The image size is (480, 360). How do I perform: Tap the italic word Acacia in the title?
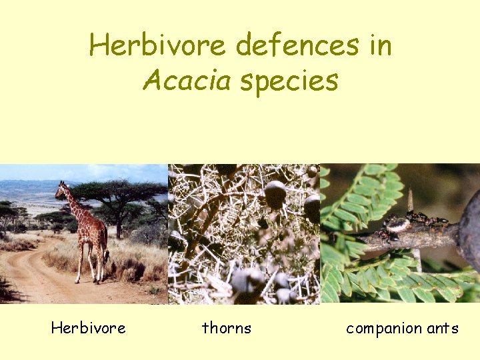(186, 81)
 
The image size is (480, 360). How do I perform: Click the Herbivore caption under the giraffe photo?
(88, 328)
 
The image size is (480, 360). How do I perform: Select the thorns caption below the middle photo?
(227, 328)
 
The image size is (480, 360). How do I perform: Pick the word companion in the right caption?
(383, 329)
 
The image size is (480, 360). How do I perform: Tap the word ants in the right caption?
(443, 329)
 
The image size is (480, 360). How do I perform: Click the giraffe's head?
(62, 189)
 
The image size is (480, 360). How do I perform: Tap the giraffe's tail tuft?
(107, 256)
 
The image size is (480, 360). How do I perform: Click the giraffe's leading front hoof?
(78, 281)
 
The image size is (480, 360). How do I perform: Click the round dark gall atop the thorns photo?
(275, 194)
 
